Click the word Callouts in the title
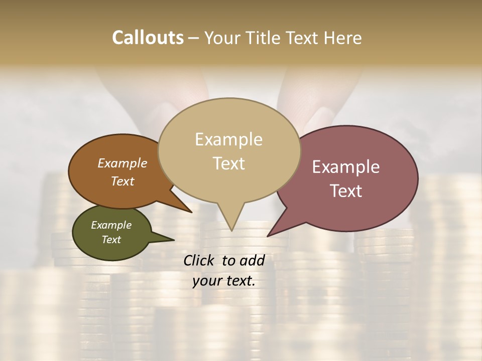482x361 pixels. tap(148, 38)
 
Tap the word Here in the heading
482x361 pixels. tap(343, 38)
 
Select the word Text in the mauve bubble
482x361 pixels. tap(346, 191)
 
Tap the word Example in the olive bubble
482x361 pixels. tap(111, 225)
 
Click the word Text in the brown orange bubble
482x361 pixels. tap(123, 181)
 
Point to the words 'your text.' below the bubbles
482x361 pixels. tap(224, 281)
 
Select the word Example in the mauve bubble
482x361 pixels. tap(346, 167)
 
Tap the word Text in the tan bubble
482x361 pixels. tap(229, 163)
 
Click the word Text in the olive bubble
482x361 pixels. tap(111, 240)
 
